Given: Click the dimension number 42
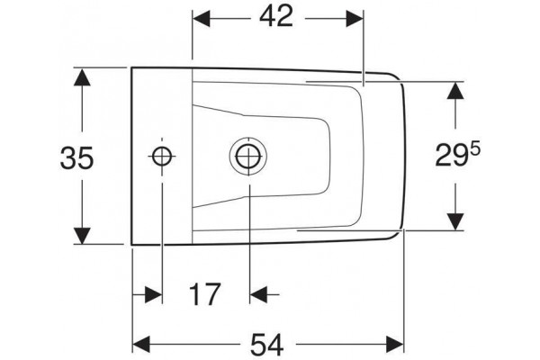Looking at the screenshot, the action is (x=276, y=16).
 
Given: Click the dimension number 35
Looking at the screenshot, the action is (x=76, y=157).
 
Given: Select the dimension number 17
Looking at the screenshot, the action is (x=204, y=294).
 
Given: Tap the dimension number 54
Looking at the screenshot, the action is (x=267, y=346).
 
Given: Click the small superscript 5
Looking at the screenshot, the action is (x=475, y=149).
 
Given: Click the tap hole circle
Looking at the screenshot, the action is (x=162, y=157).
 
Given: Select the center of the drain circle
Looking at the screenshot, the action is (x=248, y=156).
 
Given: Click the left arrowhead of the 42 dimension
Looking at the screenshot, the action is (x=201, y=19).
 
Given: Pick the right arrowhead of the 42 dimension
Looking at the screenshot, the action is (x=355, y=19).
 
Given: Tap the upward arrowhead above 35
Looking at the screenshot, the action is (x=82, y=77).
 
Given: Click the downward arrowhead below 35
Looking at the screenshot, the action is (x=82, y=236).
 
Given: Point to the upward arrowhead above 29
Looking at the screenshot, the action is (x=454, y=91).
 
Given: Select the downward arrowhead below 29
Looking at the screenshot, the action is (x=454, y=221).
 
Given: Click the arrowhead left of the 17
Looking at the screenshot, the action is (x=154, y=294).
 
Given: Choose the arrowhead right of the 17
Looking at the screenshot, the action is (x=258, y=294).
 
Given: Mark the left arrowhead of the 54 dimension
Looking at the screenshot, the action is (x=141, y=346).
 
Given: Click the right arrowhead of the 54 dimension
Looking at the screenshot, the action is (x=395, y=346).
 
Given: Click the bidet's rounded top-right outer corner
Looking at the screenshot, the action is (x=396, y=76).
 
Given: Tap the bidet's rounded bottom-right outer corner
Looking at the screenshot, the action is (x=396, y=235).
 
